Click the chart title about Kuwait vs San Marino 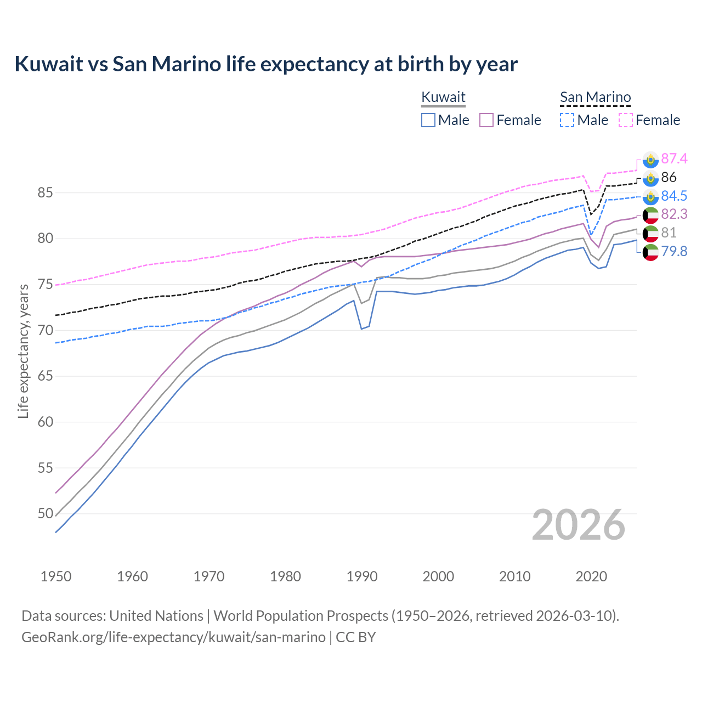point(266,64)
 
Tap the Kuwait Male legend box point(428,120)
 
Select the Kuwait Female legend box point(486,120)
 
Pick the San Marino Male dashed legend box point(567,120)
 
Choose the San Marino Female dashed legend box point(625,120)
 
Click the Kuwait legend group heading point(443,97)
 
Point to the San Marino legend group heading point(595,97)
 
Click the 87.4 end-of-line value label point(674,158)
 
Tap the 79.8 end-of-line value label point(674,252)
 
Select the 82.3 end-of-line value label point(674,214)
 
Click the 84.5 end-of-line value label point(674,196)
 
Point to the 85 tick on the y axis point(45,193)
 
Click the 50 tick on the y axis point(45,514)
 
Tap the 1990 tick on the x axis point(362,576)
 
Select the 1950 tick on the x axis point(56,576)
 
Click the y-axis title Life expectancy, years point(23,351)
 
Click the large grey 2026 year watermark point(578,525)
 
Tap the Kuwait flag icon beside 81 point(650,233)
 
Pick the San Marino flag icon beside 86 point(650,178)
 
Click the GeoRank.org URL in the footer point(173,637)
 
